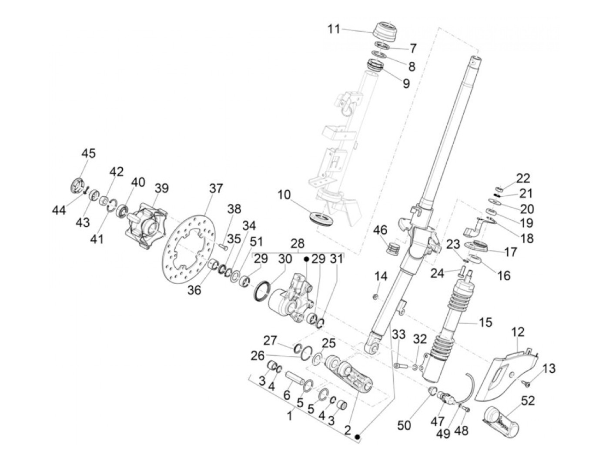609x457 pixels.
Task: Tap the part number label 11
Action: click(x=334, y=30)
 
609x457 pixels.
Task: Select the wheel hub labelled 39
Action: click(x=147, y=226)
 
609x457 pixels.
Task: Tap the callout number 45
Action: click(x=88, y=153)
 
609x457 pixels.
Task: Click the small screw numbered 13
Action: click(x=525, y=383)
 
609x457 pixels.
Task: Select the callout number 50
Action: click(x=404, y=424)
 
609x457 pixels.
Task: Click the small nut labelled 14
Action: click(x=376, y=297)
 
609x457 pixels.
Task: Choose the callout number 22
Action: click(x=523, y=178)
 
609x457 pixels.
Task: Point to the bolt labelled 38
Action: click(x=224, y=247)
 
